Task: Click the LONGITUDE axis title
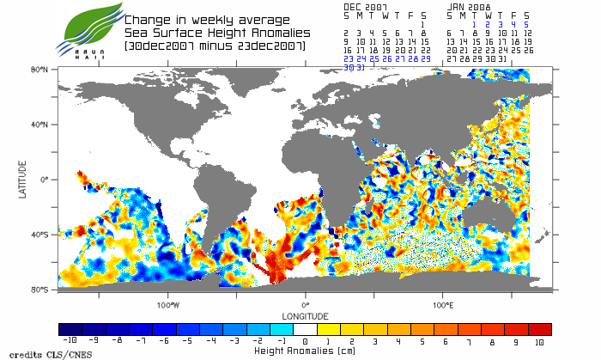coord(305,314)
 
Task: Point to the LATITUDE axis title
coord(24,179)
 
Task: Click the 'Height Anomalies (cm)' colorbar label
coord(305,351)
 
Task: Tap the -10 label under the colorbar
coord(66,341)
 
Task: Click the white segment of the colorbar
coord(305,329)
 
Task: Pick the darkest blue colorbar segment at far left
coord(70,329)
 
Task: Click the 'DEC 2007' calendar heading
coord(365,7)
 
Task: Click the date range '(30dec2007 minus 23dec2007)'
coord(215,45)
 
